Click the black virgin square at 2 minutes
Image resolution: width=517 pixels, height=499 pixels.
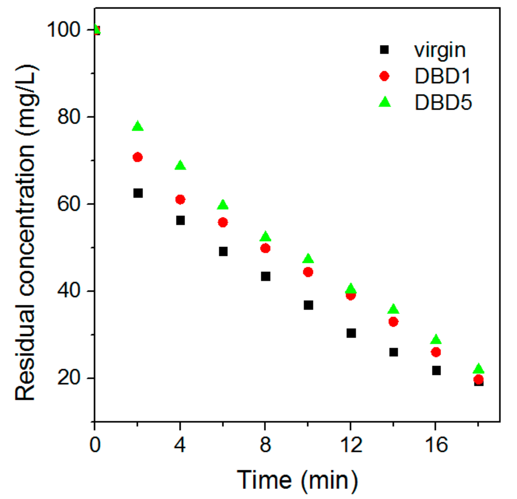coord(138,193)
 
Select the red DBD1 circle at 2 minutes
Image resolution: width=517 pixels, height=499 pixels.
coord(137,157)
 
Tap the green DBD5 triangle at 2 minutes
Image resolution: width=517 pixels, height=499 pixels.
coord(138,126)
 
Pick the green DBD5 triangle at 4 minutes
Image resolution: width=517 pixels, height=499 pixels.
coord(180,165)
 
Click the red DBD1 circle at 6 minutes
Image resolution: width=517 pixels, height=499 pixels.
coord(223,222)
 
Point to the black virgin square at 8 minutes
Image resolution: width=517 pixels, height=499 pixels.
coord(265,276)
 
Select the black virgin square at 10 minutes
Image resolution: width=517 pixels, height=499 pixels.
coord(308,305)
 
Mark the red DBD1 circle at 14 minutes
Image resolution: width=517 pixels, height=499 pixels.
coord(393,322)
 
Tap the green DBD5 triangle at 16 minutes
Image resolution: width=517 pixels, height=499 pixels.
coord(436,339)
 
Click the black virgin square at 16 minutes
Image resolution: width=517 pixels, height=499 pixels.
coord(436,371)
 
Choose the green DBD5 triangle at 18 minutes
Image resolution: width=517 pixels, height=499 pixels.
coord(478,368)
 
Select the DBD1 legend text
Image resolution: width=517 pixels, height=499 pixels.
coord(443,76)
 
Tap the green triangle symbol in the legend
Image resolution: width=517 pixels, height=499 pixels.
coord(384,102)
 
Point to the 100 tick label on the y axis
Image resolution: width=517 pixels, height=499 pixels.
coord(63,30)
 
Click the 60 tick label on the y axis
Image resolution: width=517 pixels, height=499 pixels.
coord(69,204)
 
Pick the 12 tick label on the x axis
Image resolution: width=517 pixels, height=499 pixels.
coord(351,445)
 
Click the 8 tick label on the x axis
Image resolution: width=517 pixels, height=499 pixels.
coord(265,445)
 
